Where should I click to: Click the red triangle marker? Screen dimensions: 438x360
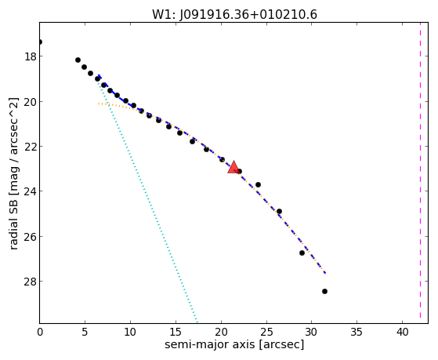(x=233, y=167)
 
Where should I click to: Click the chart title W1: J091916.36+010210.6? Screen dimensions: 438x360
(x=234, y=15)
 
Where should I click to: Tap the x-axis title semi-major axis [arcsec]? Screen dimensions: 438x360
(x=234, y=344)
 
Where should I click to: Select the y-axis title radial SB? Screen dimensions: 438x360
(x=13, y=220)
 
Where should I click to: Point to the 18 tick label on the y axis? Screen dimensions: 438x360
(x=31, y=56)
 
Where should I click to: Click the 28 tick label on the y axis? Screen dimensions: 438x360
(x=31, y=282)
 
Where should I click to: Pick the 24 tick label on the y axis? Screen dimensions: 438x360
(x=31, y=191)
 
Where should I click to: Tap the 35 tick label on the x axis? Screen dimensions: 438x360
(x=357, y=332)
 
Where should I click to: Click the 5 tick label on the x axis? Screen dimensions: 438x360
(x=85, y=332)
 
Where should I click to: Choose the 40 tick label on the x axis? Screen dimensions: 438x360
(x=402, y=332)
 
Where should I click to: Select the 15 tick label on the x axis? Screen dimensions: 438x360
(x=176, y=332)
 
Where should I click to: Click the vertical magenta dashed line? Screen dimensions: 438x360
(x=420, y=173)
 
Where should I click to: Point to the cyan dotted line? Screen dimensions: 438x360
(x=148, y=201)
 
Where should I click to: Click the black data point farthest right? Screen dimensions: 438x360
(x=324, y=291)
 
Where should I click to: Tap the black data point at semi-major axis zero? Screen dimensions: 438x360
(x=40, y=42)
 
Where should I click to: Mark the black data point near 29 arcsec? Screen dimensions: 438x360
(x=302, y=253)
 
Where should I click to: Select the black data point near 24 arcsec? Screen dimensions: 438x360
(x=258, y=184)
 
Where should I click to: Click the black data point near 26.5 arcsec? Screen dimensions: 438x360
(x=279, y=211)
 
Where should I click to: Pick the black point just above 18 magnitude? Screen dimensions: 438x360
(x=78, y=60)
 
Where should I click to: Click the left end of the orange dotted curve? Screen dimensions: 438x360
(x=99, y=104)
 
